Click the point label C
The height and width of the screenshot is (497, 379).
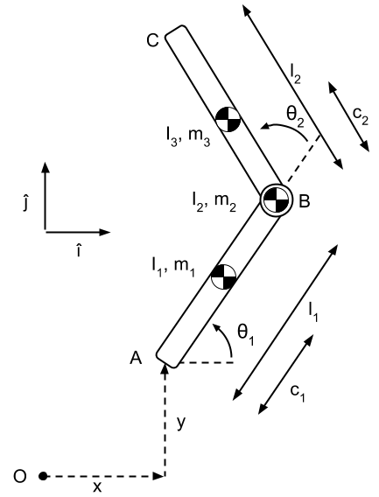pos(153,40)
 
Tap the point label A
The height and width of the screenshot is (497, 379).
pos(136,359)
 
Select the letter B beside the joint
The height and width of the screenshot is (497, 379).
pos(304,201)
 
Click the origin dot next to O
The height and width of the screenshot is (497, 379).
pos(43,476)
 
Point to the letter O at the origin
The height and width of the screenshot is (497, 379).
pos(20,476)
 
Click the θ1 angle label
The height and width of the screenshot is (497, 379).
pos(246,333)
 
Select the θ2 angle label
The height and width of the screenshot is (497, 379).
pos(295,115)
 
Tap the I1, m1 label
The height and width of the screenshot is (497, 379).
pos(173,267)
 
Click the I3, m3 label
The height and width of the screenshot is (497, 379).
pos(188,136)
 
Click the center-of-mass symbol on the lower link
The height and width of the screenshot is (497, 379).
pos(223,276)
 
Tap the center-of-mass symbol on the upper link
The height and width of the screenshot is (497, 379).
pos(228,119)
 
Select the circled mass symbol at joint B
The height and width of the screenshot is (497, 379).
pos(275,199)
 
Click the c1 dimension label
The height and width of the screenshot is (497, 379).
pos(298,394)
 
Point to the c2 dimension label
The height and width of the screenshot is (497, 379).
pos(361,116)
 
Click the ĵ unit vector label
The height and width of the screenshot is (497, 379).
pos(25,204)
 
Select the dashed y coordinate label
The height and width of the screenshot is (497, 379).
pos(181,423)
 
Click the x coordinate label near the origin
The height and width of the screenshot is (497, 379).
pos(97,486)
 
